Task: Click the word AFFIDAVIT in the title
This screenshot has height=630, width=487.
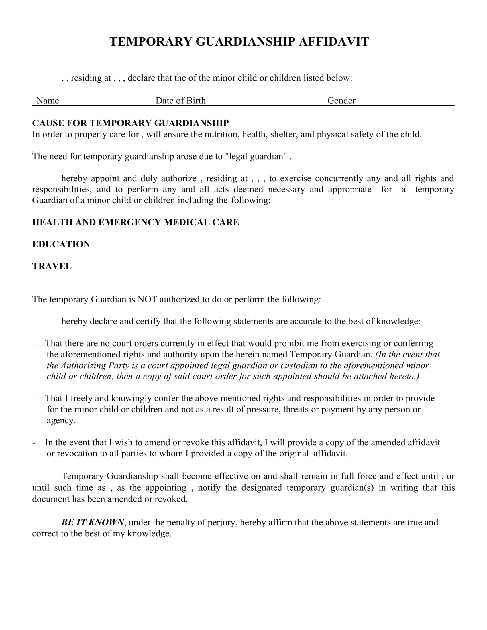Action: [x=334, y=42]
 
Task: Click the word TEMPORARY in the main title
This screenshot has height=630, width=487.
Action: [x=151, y=42]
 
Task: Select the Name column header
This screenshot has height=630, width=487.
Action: [x=48, y=101]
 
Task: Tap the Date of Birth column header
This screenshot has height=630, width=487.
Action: [x=180, y=101]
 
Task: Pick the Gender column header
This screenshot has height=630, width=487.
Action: [x=341, y=101]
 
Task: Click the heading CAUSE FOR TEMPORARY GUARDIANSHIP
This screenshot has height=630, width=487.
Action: [x=130, y=123]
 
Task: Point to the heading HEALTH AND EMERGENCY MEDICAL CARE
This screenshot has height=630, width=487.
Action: [x=136, y=222]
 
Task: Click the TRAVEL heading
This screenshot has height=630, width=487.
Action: [x=52, y=266]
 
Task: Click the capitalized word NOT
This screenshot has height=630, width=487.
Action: [x=147, y=300]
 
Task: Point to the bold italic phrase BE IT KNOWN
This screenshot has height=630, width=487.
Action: [x=93, y=522]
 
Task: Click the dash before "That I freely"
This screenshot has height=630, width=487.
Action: [x=34, y=399]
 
